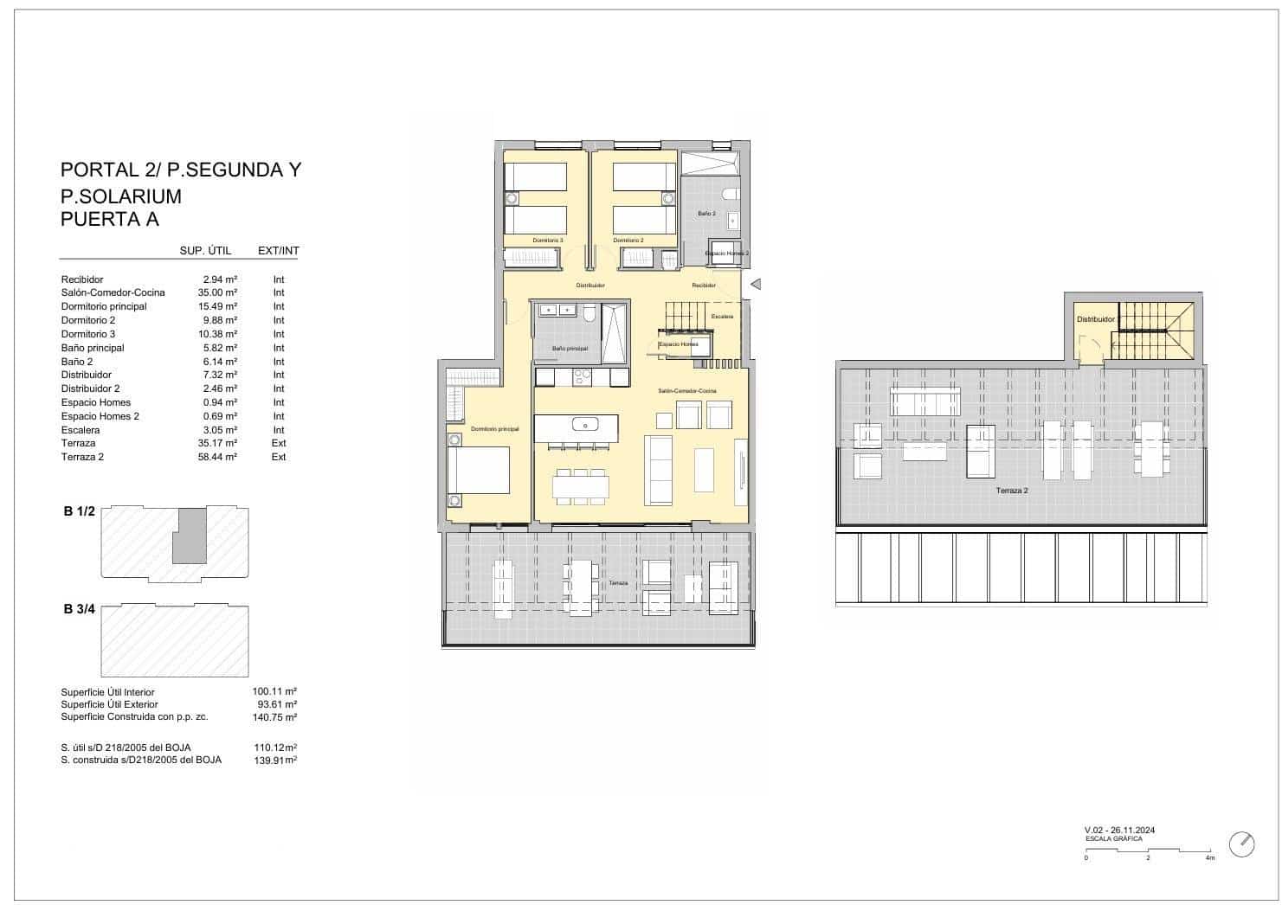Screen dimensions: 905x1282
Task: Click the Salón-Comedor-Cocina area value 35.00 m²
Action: (x=217, y=292)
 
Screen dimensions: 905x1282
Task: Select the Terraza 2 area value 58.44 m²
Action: (x=217, y=457)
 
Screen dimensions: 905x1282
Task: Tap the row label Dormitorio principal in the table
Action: (x=104, y=306)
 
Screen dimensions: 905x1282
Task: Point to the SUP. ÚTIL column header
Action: (x=205, y=251)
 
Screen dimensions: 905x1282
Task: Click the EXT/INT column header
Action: (x=279, y=251)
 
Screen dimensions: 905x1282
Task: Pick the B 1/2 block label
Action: (x=79, y=511)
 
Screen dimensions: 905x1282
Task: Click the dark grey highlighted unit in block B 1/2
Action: (x=189, y=536)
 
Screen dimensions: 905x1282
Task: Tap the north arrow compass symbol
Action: (x=1242, y=844)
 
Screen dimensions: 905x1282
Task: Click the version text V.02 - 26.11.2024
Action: (x=1119, y=831)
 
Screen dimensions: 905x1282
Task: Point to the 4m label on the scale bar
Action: (x=1209, y=858)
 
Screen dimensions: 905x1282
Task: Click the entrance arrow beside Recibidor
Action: (x=755, y=284)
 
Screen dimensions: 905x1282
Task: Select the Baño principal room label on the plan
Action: (x=570, y=349)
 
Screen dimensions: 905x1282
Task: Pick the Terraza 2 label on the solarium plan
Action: (x=1011, y=491)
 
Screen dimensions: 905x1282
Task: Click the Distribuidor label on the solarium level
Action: (x=1095, y=319)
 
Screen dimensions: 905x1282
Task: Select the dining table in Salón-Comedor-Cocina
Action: (x=580, y=487)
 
